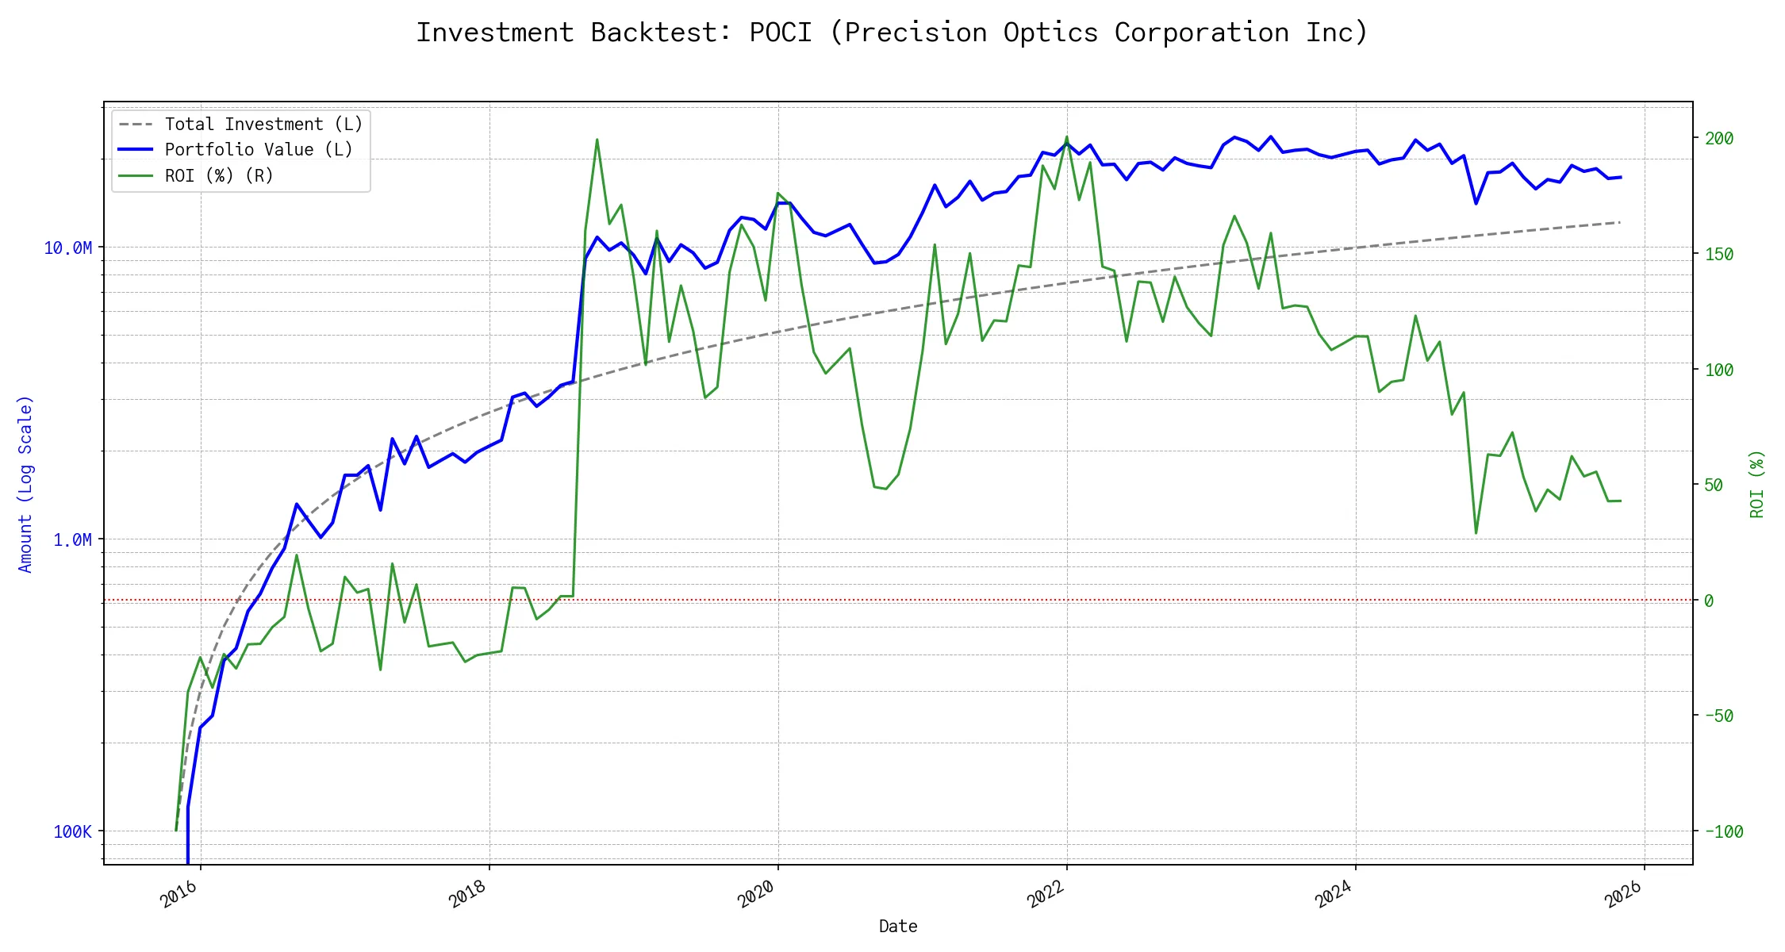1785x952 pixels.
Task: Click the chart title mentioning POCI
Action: [892, 33]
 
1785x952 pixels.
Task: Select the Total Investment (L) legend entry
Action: [263, 125]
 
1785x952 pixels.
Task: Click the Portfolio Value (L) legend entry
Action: [259, 150]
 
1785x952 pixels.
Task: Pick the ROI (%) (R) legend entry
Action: [219, 176]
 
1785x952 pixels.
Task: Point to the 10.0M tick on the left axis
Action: [67, 248]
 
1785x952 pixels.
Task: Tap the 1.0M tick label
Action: [72, 540]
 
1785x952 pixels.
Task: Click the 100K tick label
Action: [72, 832]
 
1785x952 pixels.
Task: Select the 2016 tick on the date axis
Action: [179, 894]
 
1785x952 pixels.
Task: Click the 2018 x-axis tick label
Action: [468, 894]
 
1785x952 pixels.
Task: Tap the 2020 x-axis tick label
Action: [757, 894]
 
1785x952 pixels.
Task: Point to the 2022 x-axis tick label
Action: [1046, 894]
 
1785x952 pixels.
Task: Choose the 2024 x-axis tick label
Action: [1334, 894]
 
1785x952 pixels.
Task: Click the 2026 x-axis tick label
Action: [1623, 894]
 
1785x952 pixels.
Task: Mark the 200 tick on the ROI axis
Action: [1718, 139]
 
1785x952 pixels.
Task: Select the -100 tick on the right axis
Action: [1723, 832]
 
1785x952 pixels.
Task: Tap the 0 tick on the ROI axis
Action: [1709, 601]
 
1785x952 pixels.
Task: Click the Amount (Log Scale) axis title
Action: [25, 484]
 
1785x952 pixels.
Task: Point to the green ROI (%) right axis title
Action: [1757, 484]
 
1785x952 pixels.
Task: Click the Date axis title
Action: [898, 927]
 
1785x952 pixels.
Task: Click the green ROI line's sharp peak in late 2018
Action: [597, 140]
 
